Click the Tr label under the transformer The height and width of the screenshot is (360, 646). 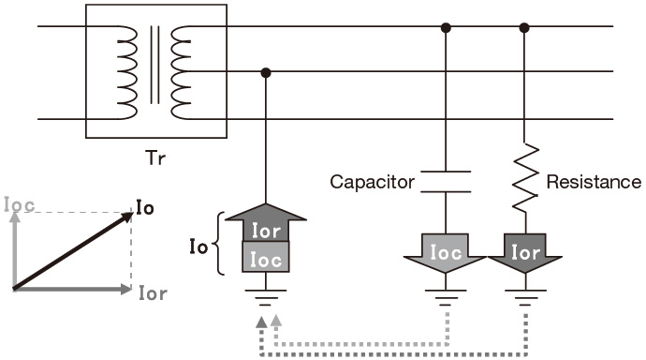pyautogui.click(x=155, y=158)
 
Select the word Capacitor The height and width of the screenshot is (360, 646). pyautogui.click(x=372, y=182)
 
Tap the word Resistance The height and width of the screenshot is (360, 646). pyautogui.click(x=594, y=182)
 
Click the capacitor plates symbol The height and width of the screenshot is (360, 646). pyautogui.click(x=446, y=182)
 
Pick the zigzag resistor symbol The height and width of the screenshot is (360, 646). pyautogui.click(x=525, y=178)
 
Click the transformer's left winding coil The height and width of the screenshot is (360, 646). pyautogui.click(x=127, y=72)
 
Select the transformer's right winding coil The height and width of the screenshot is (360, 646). pyautogui.click(x=181, y=72)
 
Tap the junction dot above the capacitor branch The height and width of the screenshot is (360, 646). pyautogui.click(x=446, y=28)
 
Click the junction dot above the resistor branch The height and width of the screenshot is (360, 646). pyautogui.click(x=524, y=28)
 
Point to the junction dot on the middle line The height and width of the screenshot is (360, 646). pyautogui.click(x=266, y=73)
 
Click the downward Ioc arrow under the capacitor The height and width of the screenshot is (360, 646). pyautogui.click(x=445, y=253)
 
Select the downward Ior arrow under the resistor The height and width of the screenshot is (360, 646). pyautogui.click(x=525, y=253)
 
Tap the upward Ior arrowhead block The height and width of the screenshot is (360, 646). pyautogui.click(x=266, y=223)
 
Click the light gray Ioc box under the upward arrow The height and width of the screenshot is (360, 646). pyautogui.click(x=266, y=257)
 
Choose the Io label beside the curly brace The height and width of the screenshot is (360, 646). pyautogui.click(x=198, y=247)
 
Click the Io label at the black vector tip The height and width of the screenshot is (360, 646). pyautogui.click(x=145, y=207)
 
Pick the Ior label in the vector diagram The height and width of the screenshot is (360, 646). pyautogui.click(x=153, y=293)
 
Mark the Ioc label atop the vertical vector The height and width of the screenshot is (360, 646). pyautogui.click(x=19, y=205)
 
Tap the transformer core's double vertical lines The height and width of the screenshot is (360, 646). pyautogui.click(x=154, y=65)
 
